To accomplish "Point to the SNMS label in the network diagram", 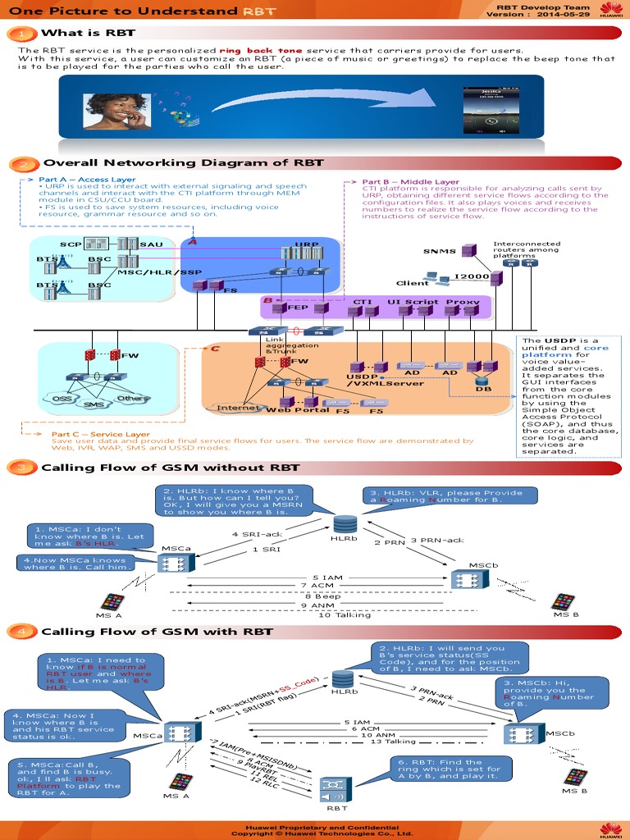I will pyautogui.click(x=439, y=252).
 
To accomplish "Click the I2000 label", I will pyautogui.click(x=472, y=276).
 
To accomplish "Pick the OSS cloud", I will pyautogui.click(x=63, y=398).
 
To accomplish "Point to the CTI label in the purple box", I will pyautogui.click(x=362, y=302).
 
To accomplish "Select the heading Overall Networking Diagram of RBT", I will pyautogui.click(x=183, y=162).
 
